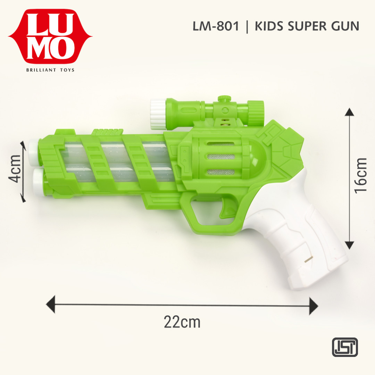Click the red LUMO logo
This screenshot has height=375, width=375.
click(x=50, y=36)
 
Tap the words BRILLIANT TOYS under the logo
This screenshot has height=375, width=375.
click(x=50, y=70)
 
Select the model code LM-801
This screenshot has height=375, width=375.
click(x=216, y=26)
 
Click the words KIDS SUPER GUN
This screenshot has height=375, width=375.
click(x=307, y=26)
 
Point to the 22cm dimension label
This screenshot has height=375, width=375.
click(x=182, y=322)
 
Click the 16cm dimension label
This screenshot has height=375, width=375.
click(x=361, y=175)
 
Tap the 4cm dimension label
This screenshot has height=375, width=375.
click(x=15, y=172)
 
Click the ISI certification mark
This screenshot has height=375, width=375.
click(x=344, y=347)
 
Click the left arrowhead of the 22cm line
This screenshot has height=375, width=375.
click(x=51, y=304)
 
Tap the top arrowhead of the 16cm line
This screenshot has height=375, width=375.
click(x=350, y=112)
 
